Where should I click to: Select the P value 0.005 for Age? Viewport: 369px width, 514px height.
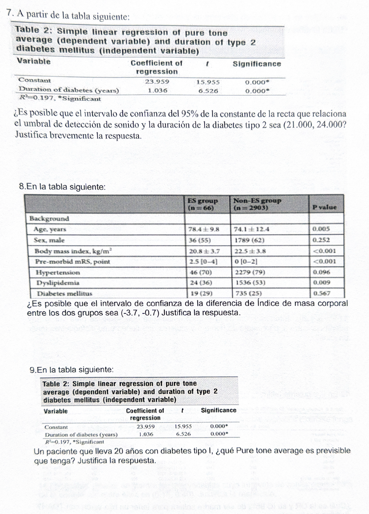[321, 229]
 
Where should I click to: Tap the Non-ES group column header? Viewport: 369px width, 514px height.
[257, 204]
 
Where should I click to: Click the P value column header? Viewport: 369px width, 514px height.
[324, 207]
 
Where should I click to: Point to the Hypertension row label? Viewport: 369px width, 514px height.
[58, 272]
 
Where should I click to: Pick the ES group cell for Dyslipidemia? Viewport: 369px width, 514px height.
[201, 283]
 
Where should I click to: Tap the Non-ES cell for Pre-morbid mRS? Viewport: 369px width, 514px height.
[245, 262]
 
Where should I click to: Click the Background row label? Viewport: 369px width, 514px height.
[49, 219]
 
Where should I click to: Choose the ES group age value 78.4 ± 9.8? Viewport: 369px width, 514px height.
[204, 229]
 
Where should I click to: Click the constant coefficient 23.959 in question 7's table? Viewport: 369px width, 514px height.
[157, 82]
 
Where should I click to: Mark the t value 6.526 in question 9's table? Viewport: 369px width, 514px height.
[183, 434]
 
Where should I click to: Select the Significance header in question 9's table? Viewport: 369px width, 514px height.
[219, 410]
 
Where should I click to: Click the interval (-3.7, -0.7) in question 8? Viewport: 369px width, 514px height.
[140, 313]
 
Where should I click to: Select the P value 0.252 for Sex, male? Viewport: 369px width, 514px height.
[321, 240]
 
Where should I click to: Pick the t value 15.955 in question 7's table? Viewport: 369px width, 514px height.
[208, 82]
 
